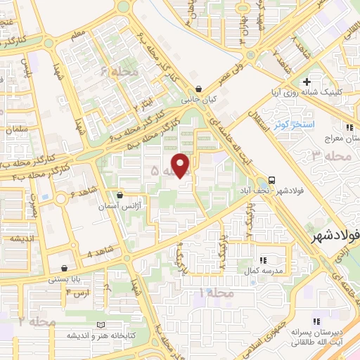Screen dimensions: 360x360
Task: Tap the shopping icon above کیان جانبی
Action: click(x=200, y=89)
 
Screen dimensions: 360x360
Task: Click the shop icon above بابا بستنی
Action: click(x=65, y=267)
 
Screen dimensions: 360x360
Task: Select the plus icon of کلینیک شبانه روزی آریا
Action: click(x=307, y=82)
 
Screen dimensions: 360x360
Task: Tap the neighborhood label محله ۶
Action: click(x=115, y=72)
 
